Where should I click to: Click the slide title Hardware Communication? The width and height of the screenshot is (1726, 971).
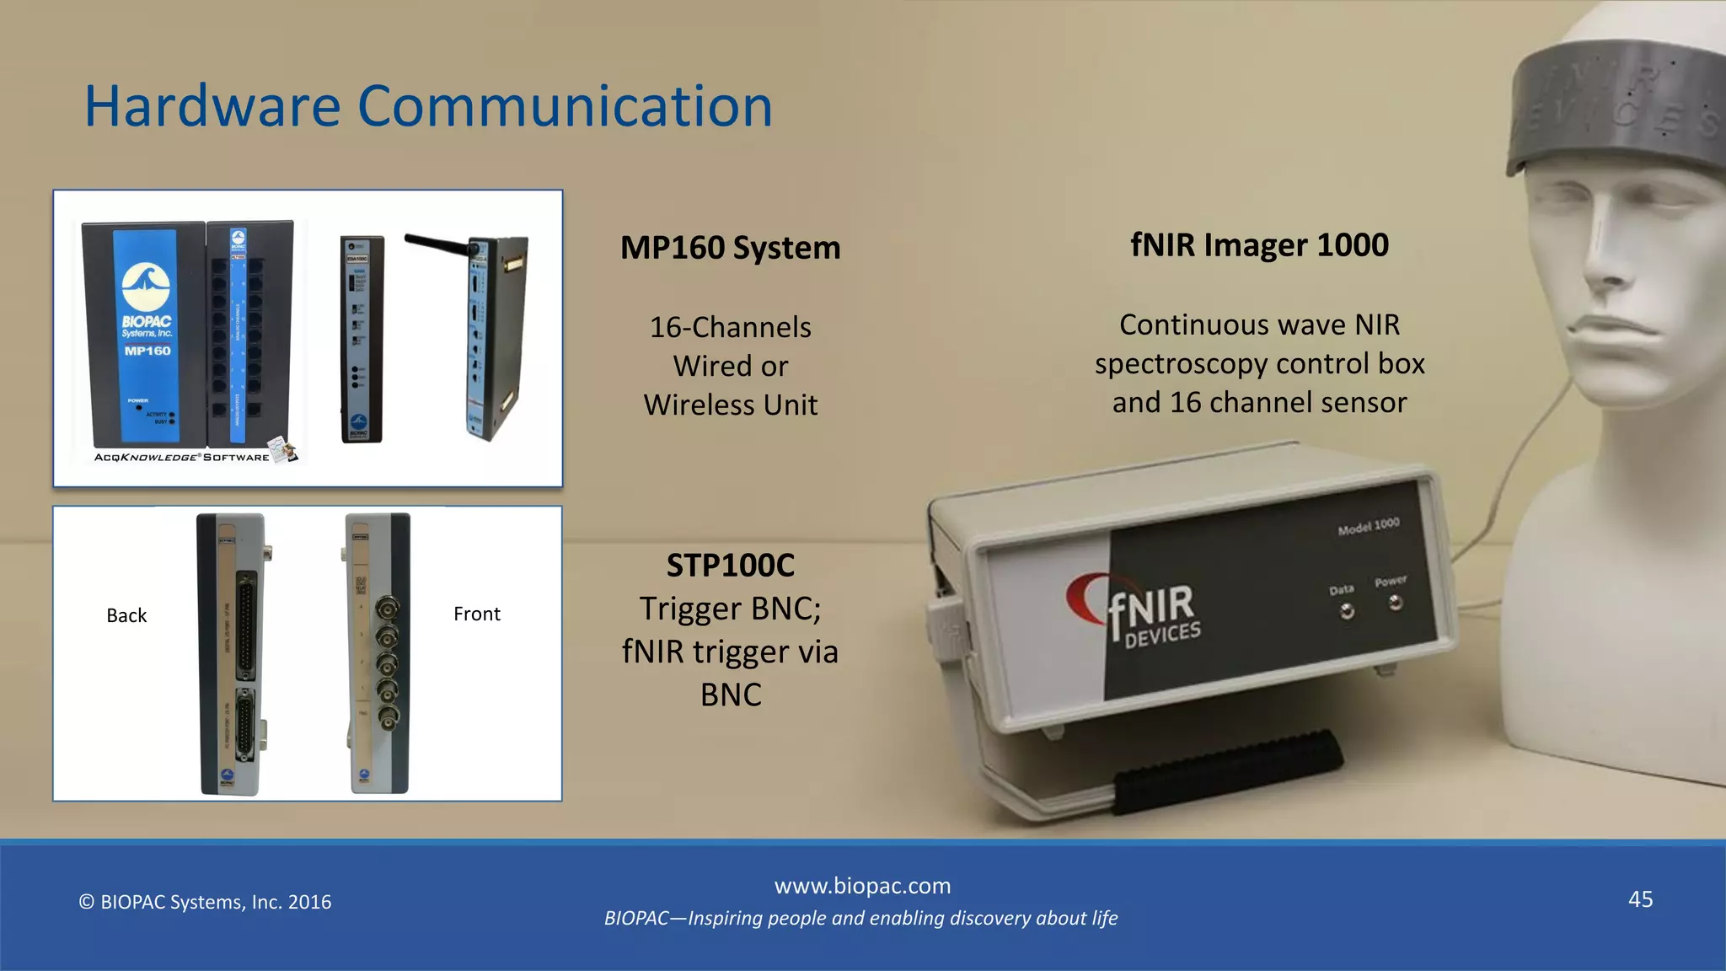click(428, 107)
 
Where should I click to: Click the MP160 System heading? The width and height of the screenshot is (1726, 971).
click(730, 248)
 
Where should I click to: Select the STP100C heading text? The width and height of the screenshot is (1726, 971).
click(730, 566)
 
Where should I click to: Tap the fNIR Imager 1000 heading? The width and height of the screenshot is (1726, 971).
click(1259, 245)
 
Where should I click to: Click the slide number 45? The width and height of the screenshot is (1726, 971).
click(1640, 899)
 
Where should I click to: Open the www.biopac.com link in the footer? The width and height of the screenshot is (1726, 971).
click(862, 886)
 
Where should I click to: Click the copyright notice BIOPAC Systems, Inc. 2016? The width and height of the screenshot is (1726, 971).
click(205, 902)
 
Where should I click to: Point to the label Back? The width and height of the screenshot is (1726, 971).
click(126, 615)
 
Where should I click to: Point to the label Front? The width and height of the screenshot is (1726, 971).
click(476, 614)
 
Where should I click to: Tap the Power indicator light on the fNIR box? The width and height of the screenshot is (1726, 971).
click(1396, 603)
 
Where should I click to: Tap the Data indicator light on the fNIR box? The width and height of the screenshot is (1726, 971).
click(1347, 611)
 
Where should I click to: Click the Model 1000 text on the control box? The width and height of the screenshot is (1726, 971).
click(1368, 526)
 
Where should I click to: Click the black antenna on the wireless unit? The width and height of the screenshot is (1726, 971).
click(437, 244)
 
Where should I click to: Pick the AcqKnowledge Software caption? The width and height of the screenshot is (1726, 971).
click(182, 458)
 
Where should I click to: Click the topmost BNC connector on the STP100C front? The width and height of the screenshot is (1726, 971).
click(387, 608)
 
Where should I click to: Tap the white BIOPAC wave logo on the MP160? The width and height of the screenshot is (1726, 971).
click(145, 287)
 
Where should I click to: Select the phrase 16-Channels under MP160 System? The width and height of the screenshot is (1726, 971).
click(730, 327)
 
